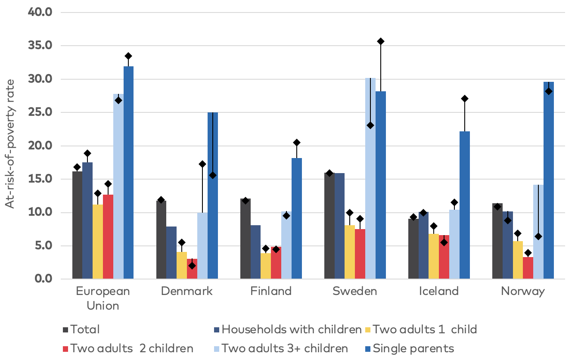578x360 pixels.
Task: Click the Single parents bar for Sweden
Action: tap(381, 185)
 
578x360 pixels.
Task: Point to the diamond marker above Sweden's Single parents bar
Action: tap(381, 41)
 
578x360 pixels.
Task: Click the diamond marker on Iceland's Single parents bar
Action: tap(465, 99)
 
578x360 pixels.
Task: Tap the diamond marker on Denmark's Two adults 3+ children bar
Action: tap(202, 164)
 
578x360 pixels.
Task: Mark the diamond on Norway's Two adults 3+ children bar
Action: tap(538, 236)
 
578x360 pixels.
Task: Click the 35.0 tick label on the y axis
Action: tap(40, 46)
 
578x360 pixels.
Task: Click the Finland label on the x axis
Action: tap(271, 291)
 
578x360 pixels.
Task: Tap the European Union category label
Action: tap(103, 298)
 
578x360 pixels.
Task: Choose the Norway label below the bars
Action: tap(523, 291)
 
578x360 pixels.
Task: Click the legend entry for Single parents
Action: tap(413, 348)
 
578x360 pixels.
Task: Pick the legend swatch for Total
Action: tap(65, 330)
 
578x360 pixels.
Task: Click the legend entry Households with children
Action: tap(291, 329)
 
